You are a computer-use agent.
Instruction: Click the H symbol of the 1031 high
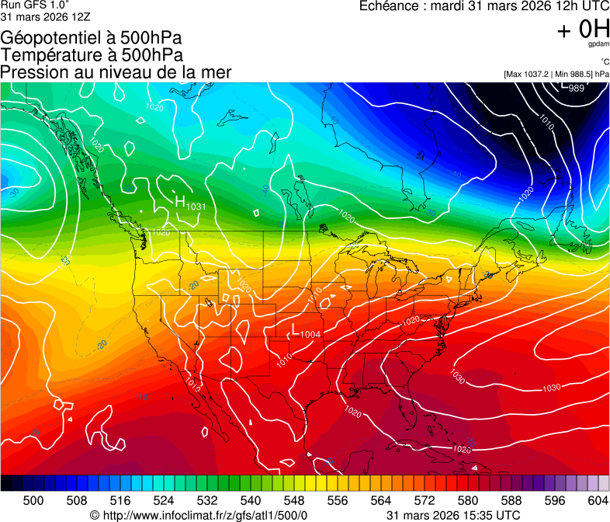[x=180, y=201]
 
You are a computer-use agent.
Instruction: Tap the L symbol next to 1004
[x=295, y=329]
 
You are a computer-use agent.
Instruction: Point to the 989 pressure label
[x=577, y=88]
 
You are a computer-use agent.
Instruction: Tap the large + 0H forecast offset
[x=583, y=30]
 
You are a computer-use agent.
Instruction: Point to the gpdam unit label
[x=597, y=45]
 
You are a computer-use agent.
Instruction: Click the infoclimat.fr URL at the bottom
[x=205, y=515]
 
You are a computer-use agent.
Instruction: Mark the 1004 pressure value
[x=310, y=334]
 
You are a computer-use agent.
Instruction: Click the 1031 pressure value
[x=196, y=207]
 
